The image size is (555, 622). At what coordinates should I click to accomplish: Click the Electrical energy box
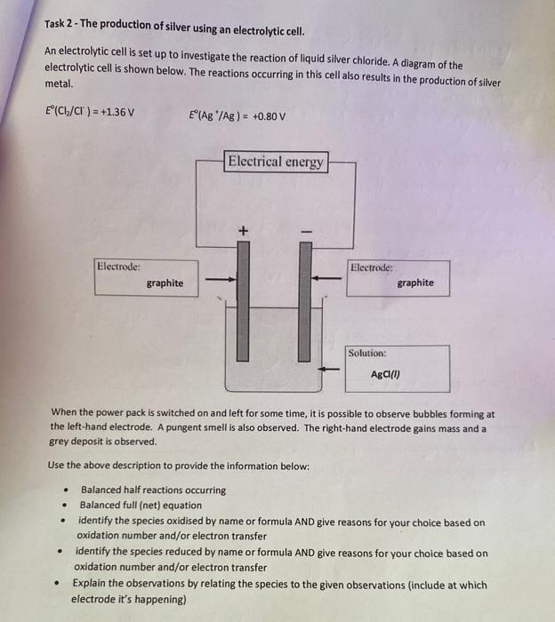pyautogui.click(x=277, y=162)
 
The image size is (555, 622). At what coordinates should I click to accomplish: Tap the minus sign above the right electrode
pyautogui.click(x=305, y=233)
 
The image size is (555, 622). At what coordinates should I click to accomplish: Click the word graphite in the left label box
pyautogui.click(x=165, y=283)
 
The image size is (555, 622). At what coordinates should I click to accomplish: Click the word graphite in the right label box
pyautogui.click(x=415, y=283)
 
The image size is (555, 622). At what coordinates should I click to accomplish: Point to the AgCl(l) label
pyautogui.click(x=386, y=374)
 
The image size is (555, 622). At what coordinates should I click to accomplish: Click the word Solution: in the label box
pyautogui.click(x=367, y=353)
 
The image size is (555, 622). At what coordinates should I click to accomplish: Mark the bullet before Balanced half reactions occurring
pyautogui.click(x=63, y=490)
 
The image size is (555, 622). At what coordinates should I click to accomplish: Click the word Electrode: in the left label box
pyautogui.click(x=119, y=265)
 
